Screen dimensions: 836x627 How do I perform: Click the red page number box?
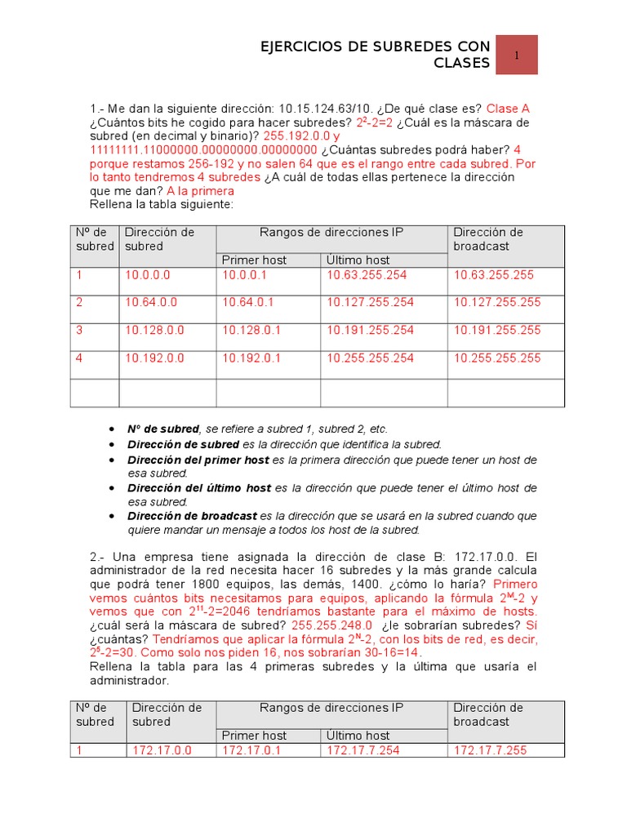pyautogui.click(x=517, y=55)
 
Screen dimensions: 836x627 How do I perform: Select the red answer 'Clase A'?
pyautogui.click(x=508, y=109)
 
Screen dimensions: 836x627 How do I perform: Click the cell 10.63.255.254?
pyautogui.click(x=370, y=275)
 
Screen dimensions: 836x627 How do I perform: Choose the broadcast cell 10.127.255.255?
pyautogui.click(x=497, y=302)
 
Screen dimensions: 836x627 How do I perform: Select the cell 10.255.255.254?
pyautogui.click(x=370, y=358)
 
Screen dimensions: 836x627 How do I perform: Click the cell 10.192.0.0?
pyautogui.click(x=154, y=358)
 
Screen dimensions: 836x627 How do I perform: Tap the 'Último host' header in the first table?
pyautogui.click(x=358, y=260)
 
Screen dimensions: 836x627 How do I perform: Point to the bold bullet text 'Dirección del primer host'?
pyautogui.click(x=198, y=460)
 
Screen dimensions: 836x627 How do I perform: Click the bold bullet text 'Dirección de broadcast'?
pyautogui.click(x=192, y=516)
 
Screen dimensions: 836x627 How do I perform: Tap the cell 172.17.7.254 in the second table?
pyautogui.click(x=363, y=750)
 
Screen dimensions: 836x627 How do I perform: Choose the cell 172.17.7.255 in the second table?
pyautogui.click(x=491, y=750)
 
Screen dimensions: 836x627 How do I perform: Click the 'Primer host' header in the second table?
pyautogui.click(x=255, y=736)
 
